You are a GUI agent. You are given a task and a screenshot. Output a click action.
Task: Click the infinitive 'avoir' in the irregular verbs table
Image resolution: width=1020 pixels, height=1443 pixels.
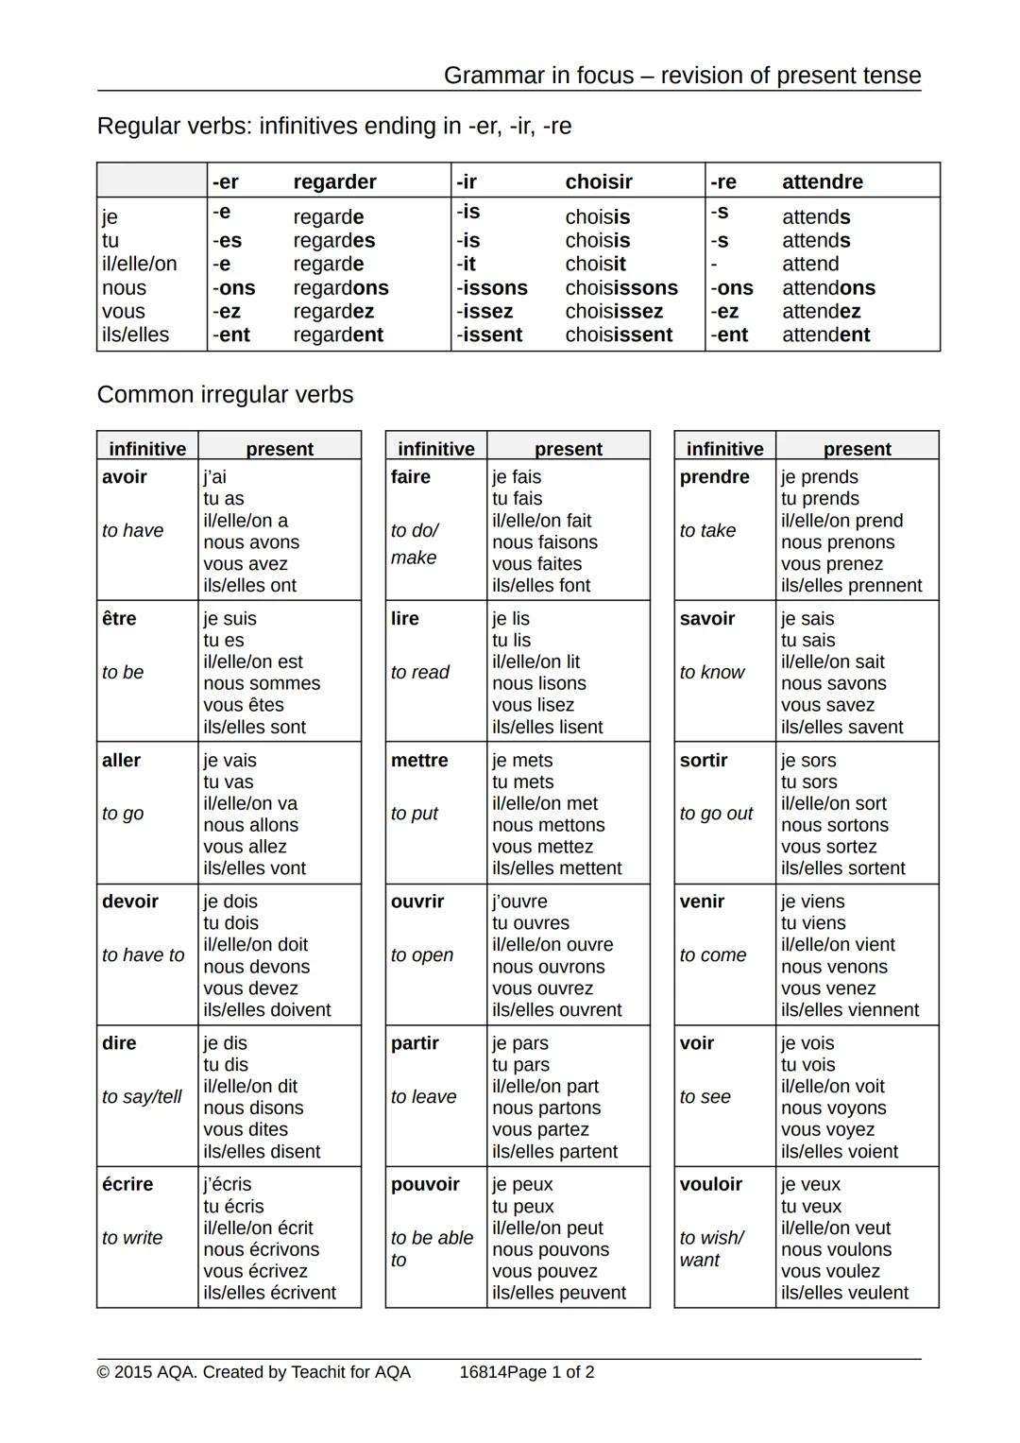point(125,477)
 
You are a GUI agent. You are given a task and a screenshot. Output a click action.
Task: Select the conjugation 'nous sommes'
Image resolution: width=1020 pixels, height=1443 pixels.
point(262,683)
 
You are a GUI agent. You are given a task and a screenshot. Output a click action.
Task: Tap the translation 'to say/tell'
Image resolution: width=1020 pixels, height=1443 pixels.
point(142,1097)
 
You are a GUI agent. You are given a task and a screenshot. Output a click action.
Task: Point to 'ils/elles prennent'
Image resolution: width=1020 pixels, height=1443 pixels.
point(851,586)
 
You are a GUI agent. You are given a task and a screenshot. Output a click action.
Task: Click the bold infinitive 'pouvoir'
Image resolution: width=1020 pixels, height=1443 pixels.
point(425,1185)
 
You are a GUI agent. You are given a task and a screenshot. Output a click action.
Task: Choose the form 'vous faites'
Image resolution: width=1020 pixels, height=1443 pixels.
point(536,564)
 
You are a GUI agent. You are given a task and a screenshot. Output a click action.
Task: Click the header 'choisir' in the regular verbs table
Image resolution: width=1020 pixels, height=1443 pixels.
point(598,181)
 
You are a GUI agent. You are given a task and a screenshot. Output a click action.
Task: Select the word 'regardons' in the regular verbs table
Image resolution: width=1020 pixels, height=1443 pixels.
point(340,288)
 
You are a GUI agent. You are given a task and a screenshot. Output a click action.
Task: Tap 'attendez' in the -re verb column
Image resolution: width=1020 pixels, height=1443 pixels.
point(821,312)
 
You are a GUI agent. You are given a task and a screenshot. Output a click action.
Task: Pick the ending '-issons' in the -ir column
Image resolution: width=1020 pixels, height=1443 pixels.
point(492,288)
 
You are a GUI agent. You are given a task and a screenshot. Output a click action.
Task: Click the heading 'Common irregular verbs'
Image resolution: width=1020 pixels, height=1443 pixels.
point(225,395)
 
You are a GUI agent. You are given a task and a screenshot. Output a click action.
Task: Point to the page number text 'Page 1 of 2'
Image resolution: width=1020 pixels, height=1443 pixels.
point(551,1372)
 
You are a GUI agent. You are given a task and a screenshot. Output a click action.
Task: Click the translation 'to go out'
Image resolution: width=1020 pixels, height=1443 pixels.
point(716,814)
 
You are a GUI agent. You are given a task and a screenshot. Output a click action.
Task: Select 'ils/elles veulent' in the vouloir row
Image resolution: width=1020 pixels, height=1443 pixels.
point(844,1293)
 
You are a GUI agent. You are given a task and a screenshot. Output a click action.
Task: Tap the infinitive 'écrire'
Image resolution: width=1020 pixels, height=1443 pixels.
point(127,1185)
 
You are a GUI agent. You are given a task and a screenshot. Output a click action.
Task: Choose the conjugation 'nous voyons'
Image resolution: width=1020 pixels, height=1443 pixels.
point(833,1108)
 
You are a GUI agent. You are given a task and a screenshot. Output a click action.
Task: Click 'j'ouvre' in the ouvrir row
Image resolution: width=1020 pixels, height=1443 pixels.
point(519,902)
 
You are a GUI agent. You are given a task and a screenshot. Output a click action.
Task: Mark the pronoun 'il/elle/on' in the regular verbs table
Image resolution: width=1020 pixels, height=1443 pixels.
point(139,265)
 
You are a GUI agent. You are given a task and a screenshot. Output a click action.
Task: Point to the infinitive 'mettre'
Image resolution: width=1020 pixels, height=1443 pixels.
point(419,761)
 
